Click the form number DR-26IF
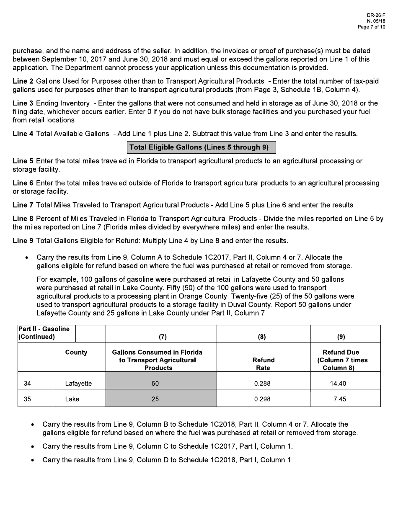pyautogui.click(x=377, y=15)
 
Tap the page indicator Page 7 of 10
pyautogui.click(x=371, y=27)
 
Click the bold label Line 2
pyautogui.click(x=23, y=81)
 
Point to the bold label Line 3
pyautogui.click(x=23, y=103)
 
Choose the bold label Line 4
pyautogui.click(x=23, y=134)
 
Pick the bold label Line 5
pyautogui.click(x=23, y=161)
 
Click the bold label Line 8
pyautogui.click(x=23, y=219)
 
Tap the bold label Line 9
pyautogui.click(x=23, y=241)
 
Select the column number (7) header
pyautogui.click(x=161, y=337)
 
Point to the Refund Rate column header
pyautogui.click(x=263, y=364)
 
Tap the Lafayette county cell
pyautogui.click(x=78, y=384)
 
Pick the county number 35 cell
pyautogui.click(x=27, y=399)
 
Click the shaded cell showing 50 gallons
pyautogui.click(x=155, y=384)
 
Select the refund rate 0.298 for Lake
pyautogui.click(x=262, y=399)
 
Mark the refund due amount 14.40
pyautogui.click(x=338, y=384)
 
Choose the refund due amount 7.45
pyautogui.click(x=339, y=399)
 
